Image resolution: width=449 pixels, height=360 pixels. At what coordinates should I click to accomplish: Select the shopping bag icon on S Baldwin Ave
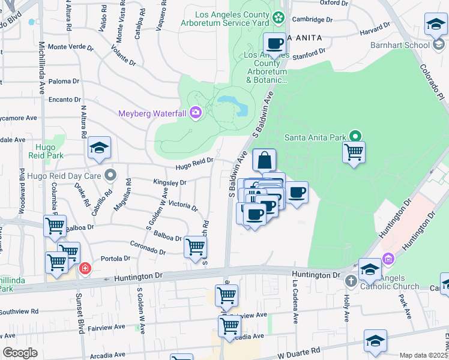[x=264, y=161]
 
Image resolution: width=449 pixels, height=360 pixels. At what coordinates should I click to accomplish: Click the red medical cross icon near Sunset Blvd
[x=85, y=268]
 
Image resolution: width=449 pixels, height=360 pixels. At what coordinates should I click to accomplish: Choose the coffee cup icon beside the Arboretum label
[x=275, y=44]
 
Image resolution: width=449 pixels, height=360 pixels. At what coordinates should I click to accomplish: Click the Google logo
[x=20, y=352]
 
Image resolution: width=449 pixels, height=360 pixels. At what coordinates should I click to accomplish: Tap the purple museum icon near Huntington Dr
[x=388, y=259]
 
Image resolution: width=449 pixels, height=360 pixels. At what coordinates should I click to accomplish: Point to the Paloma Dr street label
[x=64, y=81]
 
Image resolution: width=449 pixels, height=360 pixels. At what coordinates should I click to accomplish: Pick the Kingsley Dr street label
[x=170, y=182]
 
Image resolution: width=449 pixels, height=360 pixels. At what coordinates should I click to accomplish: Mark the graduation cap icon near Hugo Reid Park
[x=99, y=148]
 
